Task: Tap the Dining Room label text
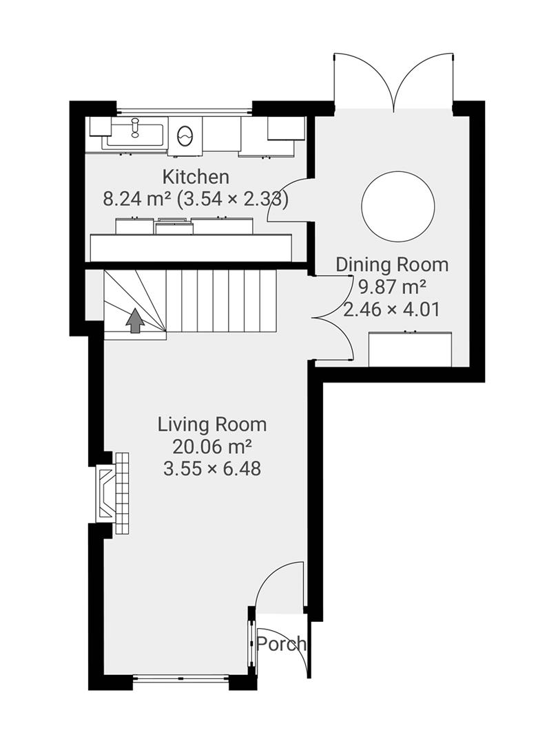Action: [391, 264]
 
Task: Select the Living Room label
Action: [212, 424]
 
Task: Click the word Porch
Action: [281, 644]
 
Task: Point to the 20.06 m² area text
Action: [211, 446]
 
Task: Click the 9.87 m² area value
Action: [391, 286]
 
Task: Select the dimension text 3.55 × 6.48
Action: [212, 469]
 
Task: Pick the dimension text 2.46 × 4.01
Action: [391, 309]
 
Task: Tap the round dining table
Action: [398, 205]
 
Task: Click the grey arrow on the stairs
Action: [135, 321]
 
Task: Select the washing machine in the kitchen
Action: [185, 135]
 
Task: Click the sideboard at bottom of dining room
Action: [411, 349]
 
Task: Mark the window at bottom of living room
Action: [180, 678]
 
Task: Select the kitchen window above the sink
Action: [184, 110]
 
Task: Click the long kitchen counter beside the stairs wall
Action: [190, 247]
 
